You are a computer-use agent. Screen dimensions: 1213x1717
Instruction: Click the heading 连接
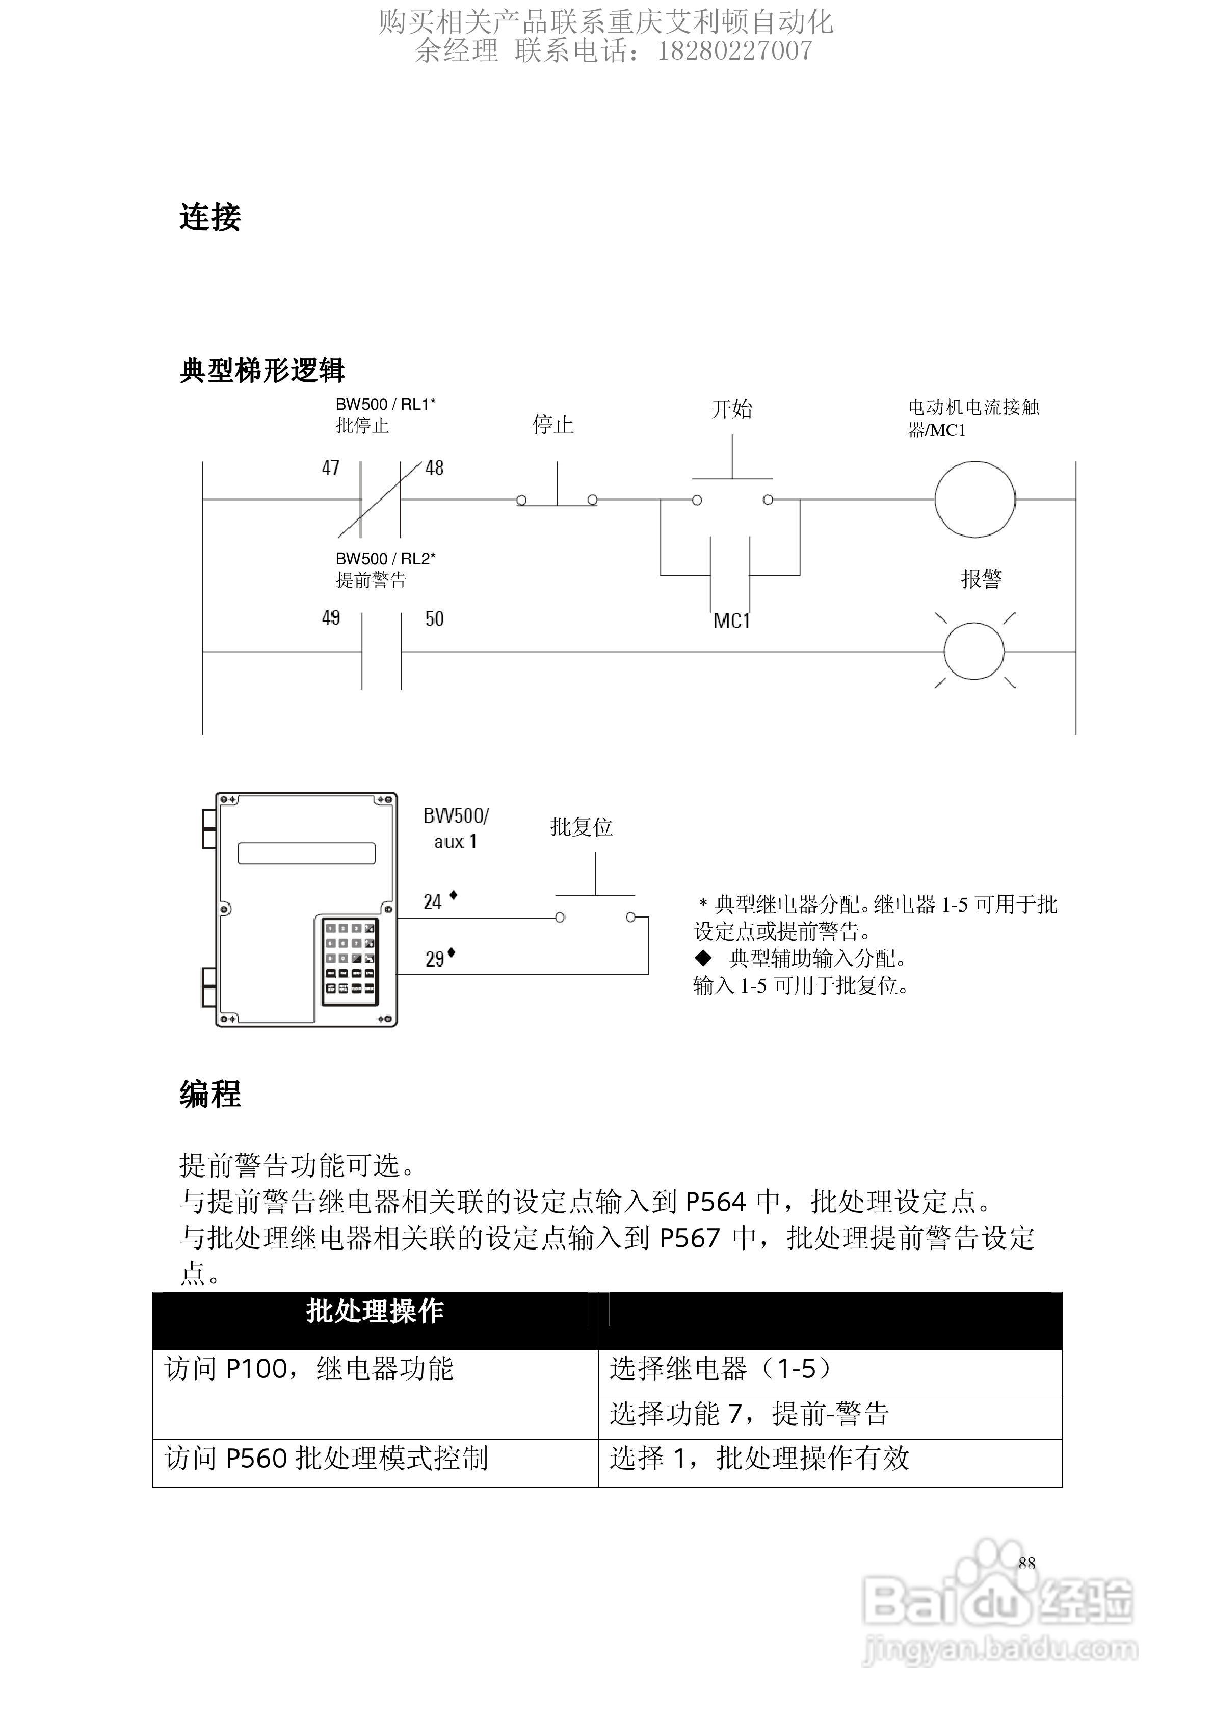pos(210,218)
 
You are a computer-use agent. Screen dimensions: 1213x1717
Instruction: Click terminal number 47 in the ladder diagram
pos(331,468)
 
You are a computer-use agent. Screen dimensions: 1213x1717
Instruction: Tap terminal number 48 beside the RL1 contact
pos(435,468)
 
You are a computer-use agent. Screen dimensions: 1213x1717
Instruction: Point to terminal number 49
pos(331,618)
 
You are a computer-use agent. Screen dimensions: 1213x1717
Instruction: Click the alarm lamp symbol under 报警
pos(973,651)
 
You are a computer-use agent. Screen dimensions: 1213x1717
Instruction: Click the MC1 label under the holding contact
pos(731,621)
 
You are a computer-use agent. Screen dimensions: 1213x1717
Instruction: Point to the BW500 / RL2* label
pos(385,559)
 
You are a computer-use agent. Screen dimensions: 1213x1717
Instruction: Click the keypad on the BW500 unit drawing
pos(349,961)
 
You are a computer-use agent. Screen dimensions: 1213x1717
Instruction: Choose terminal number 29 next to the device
pos(435,959)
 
